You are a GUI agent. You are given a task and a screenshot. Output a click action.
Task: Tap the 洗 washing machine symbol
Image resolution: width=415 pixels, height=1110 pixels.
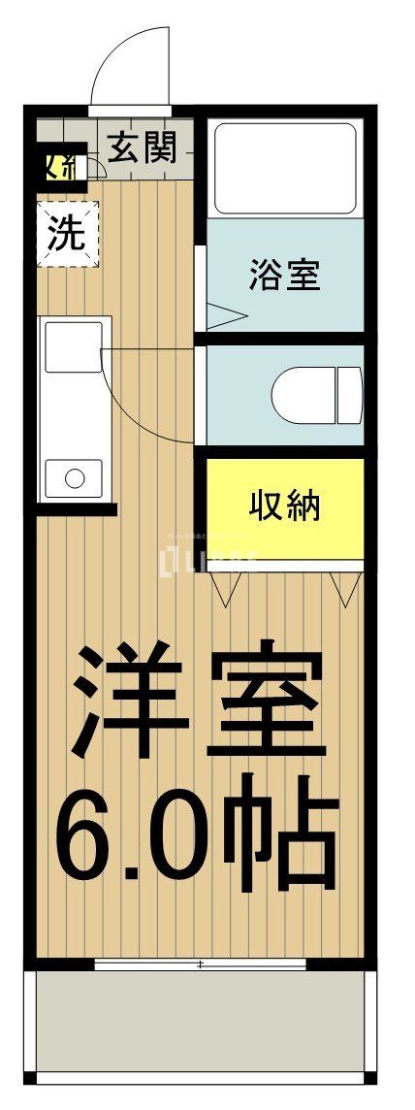(67, 233)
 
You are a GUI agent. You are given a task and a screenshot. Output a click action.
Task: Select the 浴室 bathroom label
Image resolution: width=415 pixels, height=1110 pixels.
(284, 275)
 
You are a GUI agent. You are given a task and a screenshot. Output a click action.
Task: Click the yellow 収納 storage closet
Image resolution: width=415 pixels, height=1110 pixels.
(284, 506)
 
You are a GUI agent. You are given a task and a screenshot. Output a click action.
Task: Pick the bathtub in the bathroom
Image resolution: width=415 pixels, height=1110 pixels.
(284, 167)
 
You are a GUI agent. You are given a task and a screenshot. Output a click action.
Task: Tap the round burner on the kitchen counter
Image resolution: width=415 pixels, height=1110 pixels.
(73, 476)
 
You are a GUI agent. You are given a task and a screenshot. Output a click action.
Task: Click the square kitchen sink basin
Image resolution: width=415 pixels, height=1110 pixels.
(73, 346)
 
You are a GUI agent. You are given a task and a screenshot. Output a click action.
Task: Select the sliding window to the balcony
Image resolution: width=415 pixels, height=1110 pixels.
(200, 964)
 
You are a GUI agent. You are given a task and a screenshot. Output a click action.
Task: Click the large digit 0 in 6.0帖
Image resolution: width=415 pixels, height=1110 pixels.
(184, 834)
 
